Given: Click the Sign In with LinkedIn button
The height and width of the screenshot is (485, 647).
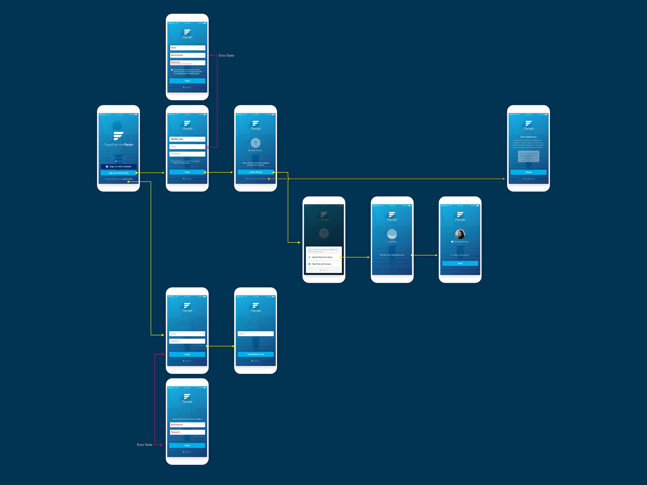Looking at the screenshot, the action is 118,166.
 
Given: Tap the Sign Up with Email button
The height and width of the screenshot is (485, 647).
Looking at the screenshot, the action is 118,173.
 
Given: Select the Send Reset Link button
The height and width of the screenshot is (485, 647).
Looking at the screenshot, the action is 255,354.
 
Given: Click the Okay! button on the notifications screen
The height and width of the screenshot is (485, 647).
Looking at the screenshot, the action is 528,172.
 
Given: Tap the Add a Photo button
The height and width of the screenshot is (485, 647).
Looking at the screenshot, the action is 255,172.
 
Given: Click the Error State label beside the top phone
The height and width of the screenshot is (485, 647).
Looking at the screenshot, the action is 226,56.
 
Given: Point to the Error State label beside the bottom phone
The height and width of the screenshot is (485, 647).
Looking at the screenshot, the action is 145,445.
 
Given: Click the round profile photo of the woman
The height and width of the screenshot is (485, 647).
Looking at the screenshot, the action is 460,234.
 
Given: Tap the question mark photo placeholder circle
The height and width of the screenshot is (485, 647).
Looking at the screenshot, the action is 255,143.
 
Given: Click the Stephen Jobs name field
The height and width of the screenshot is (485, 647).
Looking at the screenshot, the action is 187,139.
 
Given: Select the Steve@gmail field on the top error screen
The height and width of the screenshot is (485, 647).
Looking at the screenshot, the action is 187,55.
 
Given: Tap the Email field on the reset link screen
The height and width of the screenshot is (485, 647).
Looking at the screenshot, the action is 255,334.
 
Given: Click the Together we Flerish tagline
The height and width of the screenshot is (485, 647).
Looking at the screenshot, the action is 118,145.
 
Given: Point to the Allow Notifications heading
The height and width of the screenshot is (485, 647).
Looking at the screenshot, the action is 528,137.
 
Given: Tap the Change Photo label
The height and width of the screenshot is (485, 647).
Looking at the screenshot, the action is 460,241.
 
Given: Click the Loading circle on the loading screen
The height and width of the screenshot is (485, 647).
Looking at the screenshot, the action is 392,234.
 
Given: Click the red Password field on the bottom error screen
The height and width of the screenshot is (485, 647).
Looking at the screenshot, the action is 187,432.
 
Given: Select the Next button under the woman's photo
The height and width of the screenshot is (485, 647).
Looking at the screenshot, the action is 460,263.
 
